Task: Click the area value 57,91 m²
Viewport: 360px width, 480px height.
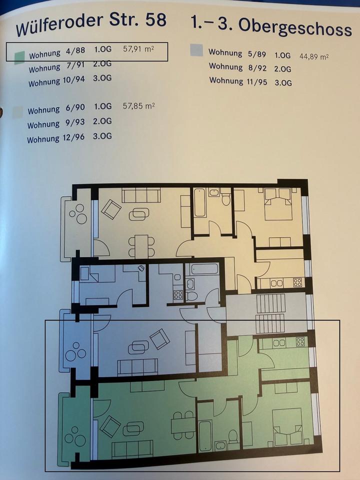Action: [138, 48]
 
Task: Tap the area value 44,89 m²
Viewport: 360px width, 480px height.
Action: [314, 56]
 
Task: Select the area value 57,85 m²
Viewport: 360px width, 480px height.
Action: [138, 106]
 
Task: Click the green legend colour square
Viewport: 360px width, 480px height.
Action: [19, 57]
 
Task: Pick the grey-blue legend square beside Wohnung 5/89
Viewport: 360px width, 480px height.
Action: [196, 50]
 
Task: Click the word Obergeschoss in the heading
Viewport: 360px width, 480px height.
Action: [295, 27]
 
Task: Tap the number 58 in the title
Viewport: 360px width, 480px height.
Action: [156, 20]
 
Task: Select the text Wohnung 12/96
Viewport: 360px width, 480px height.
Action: [55, 138]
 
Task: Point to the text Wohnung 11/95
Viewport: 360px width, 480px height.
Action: [238, 81]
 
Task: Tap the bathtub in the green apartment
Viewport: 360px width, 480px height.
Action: [205, 436]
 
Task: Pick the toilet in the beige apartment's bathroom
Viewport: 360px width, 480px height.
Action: [226, 197]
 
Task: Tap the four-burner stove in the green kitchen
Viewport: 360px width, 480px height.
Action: [300, 341]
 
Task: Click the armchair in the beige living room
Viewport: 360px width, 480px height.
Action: [111, 209]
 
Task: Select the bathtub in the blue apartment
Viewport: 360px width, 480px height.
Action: [204, 269]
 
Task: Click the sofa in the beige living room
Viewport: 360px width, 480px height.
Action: [141, 195]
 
